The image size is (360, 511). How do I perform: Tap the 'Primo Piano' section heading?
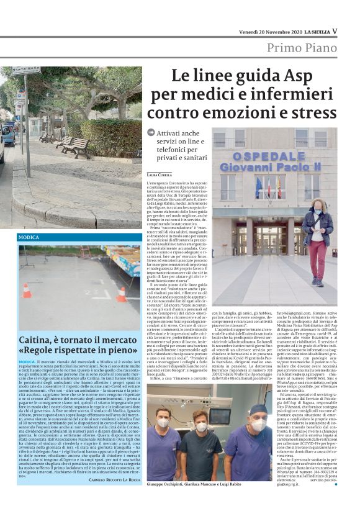pos(301,48)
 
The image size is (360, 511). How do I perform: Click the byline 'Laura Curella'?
pos(160,176)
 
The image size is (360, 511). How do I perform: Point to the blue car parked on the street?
pos(7,133)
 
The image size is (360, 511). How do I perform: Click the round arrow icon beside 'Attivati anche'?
pos(151,133)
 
